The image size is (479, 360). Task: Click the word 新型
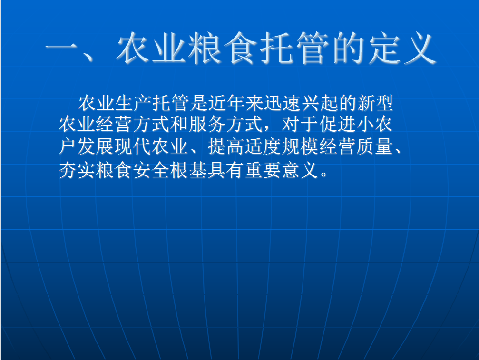coord(375,103)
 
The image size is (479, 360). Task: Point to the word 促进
coord(337,124)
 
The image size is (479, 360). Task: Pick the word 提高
coord(225,146)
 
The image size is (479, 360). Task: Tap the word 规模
coord(300,146)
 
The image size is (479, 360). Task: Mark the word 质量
coord(374,146)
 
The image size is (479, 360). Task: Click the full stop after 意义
coord(324,175)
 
